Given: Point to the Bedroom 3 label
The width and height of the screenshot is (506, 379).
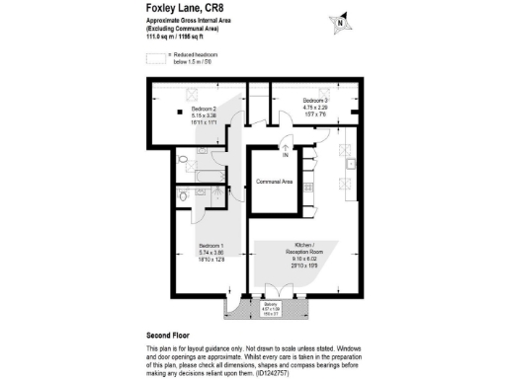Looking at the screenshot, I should pyautogui.click(x=315, y=101).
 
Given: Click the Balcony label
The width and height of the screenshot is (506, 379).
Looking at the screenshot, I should pyautogui.click(x=270, y=305).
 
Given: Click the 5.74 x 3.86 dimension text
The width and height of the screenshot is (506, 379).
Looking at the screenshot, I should pyautogui.click(x=211, y=252).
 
